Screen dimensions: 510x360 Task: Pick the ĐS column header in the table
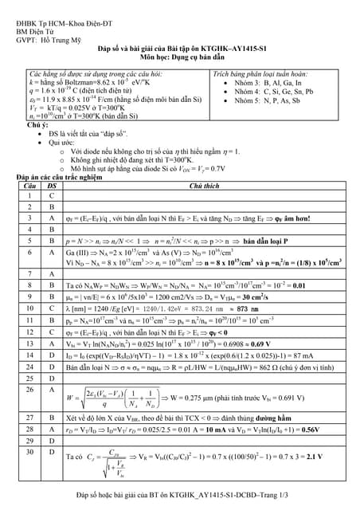(52, 185)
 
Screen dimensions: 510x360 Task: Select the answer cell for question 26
(52, 390)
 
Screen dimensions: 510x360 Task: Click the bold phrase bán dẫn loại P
(265, 239)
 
